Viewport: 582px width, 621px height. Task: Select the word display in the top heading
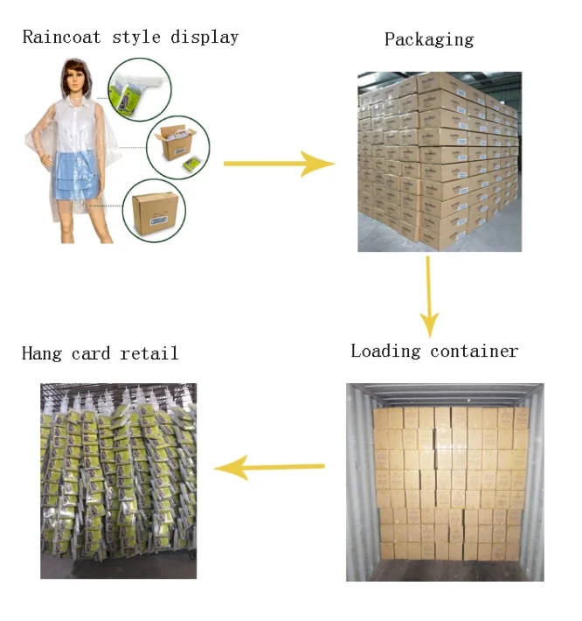pos(204,37)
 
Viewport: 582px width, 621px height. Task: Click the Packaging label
pos(428,39)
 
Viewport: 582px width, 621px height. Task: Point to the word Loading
pos(386,351)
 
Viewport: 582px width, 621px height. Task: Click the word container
pos(475,351)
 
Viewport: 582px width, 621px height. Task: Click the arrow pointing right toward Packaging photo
pos(279,164)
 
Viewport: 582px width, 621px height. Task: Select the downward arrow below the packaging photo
pos(428,297)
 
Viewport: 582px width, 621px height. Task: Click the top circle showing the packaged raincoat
pos(138,89)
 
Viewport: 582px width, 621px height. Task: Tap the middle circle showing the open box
pos(177,147)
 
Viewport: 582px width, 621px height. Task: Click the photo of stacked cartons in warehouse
pos(439,162)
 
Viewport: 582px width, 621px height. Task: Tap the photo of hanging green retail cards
pos(119,480)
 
